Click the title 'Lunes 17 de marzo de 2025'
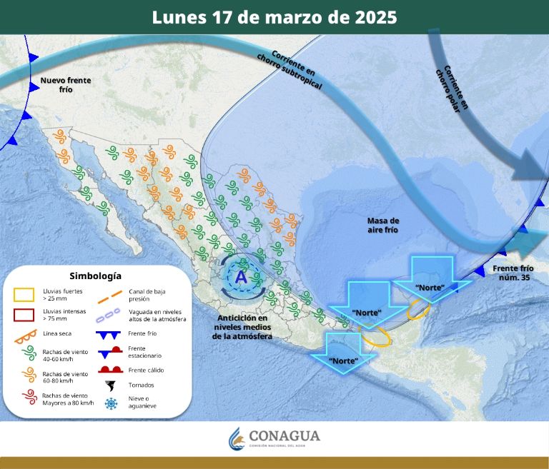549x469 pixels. [x=274, y=17]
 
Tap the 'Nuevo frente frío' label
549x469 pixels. [x=66, y=86]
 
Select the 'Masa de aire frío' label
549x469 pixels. [x=383, y=226]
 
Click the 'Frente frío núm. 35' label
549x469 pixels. [x=513, y=272]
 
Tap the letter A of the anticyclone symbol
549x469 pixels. [x=241, y=277]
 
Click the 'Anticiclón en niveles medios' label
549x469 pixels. [x=243, y=327]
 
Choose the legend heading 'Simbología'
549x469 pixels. [x=95, y=276]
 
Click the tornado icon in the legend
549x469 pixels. [x=111, y=385]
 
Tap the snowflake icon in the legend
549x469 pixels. [x=111, y=403]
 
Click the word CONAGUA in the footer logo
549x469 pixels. [x=285, y=435]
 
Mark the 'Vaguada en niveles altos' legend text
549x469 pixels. [x=157, y=315]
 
